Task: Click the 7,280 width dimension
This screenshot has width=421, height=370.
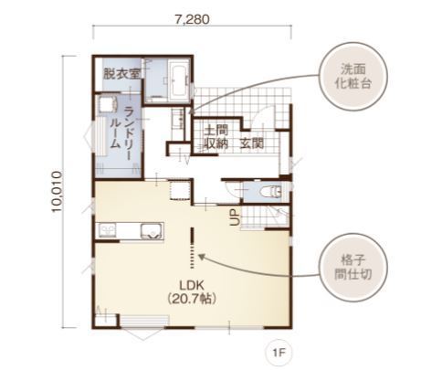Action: [x=192, y=19]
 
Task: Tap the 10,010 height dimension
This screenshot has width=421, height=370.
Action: [x=57, y=192]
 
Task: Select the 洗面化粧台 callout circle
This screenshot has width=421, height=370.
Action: [x=353, y=77]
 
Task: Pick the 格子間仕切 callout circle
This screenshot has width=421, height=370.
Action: [x=353, y=268]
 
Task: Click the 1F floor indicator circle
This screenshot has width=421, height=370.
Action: [x=279, y=353]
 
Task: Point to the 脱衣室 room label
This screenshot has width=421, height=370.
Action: [x=121, y=73]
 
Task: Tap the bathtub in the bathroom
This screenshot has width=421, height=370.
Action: [x=178, y=80]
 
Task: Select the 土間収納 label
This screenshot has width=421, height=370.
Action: [x=216, y=137]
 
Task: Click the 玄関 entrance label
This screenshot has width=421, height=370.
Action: [x=252, y=143]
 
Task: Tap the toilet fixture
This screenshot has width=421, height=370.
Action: [x=271, y=192]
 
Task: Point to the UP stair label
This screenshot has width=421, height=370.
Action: [x=235, y=217]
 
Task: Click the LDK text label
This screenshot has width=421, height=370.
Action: [x=192, y=285]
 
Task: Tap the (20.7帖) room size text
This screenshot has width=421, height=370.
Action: [x=192, y=299]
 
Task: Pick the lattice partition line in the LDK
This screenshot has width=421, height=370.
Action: [x=192, y=248]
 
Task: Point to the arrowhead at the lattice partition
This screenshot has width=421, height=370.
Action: [x=201, y=257]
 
